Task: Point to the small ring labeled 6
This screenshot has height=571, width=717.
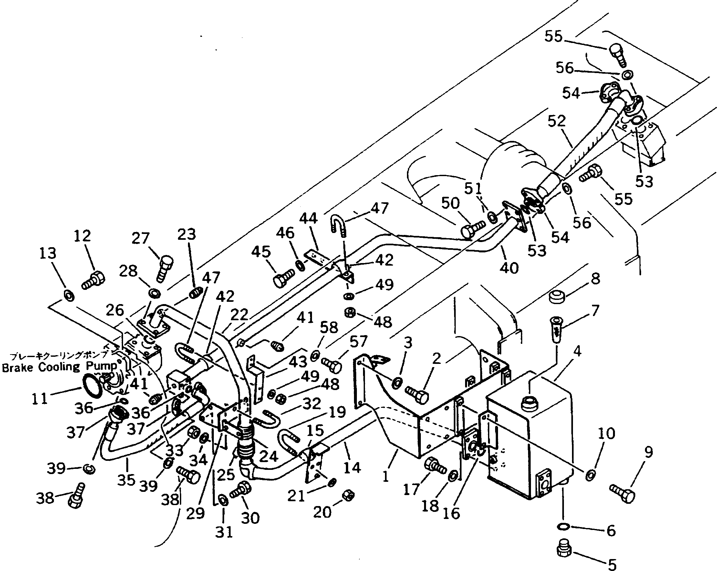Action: pyautogui.click(x=563, y=526)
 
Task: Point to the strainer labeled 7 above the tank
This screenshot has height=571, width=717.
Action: pyautogui.click(x=557, y=331)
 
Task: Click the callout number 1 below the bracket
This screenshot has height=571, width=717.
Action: pyautogui.click(x=386, y=477)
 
